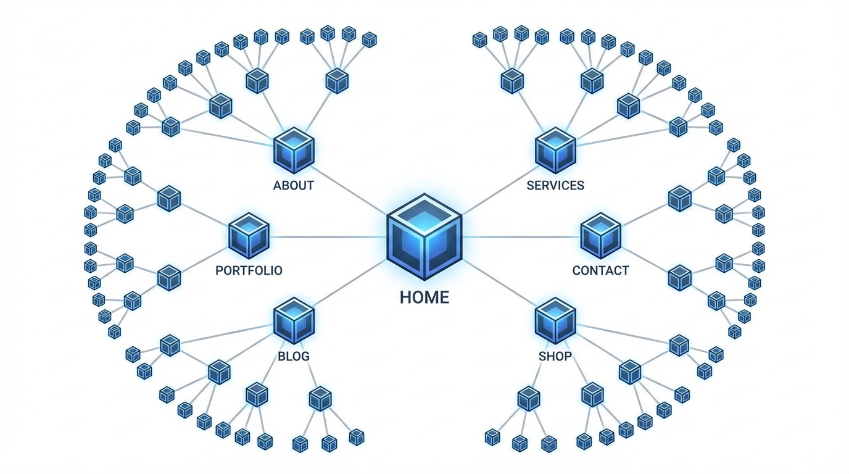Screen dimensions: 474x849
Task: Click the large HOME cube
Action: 424,238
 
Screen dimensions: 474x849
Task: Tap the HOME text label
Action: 424,297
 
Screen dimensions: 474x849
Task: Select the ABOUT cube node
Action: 294,150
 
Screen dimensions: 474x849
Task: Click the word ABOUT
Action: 294,185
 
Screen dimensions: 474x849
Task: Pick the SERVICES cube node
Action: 555,150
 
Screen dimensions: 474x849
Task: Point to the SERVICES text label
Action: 555,185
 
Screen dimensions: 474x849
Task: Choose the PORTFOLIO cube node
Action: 249,236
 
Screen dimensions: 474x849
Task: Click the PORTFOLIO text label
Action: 249,270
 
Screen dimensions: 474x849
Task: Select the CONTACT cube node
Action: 600,236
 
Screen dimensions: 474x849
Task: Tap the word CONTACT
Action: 600,270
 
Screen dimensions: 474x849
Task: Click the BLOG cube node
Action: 294,320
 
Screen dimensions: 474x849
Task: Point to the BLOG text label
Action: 294,356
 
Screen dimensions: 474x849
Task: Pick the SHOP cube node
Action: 555,320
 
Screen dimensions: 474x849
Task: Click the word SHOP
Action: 555,356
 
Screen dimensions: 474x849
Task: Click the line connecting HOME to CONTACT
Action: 521,237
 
